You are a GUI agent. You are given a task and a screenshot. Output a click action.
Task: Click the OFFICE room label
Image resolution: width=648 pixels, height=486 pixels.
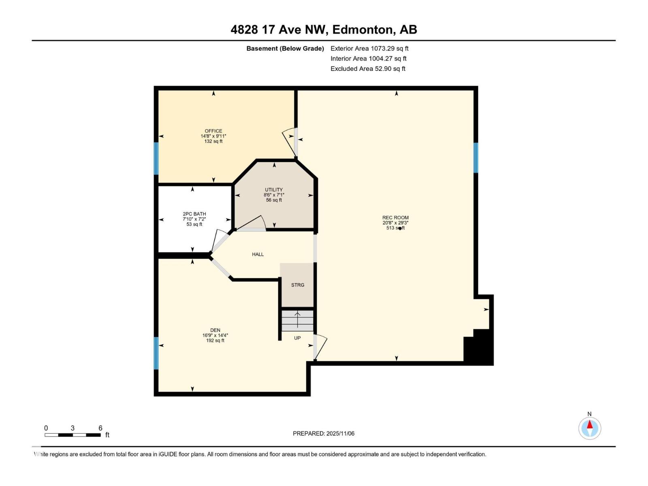click(213, 131)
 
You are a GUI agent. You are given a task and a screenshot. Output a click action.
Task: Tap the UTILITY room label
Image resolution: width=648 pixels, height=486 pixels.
click(274, 190)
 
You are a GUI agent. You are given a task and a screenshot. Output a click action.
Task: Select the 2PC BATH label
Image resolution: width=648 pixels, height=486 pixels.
click(194, 214)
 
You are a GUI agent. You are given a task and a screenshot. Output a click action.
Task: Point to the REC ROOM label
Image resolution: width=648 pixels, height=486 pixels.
click(395, 218)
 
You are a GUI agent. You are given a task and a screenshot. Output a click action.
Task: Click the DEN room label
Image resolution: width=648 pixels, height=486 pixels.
click(215, 330)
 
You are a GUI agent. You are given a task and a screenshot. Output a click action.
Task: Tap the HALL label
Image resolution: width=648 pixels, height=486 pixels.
click(258, 254)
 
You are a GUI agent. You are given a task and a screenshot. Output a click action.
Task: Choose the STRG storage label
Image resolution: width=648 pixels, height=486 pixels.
click(298, 285)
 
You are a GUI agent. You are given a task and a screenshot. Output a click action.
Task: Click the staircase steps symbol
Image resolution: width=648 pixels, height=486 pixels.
click(297, 320)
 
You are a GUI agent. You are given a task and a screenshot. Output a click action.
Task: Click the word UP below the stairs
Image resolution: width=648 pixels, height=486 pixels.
click(297, 338)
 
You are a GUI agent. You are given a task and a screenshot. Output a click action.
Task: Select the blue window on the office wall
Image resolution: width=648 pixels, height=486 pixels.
click(156, 158)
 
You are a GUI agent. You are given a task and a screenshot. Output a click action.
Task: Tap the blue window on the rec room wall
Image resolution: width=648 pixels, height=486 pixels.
click(476, 158)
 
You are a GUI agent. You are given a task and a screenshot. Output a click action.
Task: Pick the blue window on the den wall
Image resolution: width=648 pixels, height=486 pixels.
click(156, 353)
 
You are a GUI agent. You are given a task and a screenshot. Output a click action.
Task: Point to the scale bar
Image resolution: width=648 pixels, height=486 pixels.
click(72, 435)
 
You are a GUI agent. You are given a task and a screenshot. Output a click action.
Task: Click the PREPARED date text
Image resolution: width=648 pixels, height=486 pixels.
click(324, 433)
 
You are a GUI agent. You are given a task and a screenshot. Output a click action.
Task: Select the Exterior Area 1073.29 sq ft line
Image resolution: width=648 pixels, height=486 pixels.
click(369, 48)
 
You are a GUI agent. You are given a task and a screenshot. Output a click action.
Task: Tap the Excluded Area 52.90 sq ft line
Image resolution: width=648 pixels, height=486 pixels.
click(368, 69)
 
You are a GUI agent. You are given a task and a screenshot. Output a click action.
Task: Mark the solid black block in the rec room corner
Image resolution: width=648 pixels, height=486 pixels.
click(478, 347)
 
